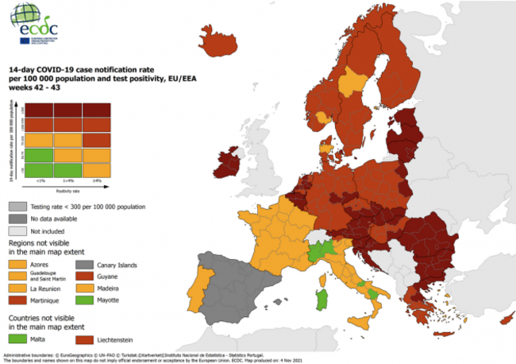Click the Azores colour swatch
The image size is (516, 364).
tap(20, 263)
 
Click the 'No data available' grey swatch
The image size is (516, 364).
tap(20, 218)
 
